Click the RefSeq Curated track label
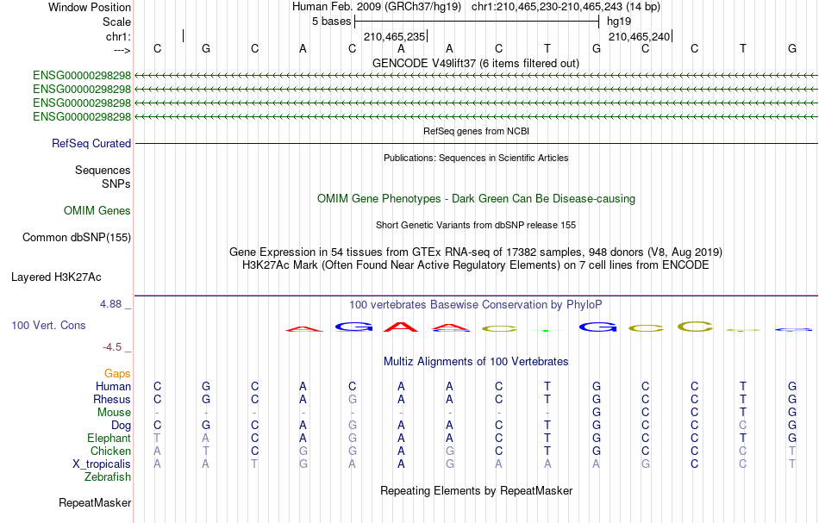(91, 144)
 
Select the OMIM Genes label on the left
(97, 210)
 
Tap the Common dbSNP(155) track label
(77, 238)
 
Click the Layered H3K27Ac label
(56, 277)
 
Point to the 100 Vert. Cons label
(48, 325)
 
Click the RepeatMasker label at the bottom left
(95, 502)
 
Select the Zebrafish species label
(108, 477)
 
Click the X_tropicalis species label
(102, 464)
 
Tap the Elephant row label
(109, 438)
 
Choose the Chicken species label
(110, 451)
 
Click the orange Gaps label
(117, 374)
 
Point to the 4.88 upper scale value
(110, 304)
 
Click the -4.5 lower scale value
(112, 347)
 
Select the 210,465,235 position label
(394, 36)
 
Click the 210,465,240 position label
(639, 36)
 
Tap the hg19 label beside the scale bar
(619, 22)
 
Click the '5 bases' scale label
(332, 22)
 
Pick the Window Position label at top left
(90, 7)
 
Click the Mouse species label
(115, 413)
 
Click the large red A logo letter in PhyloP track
(401, 327)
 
